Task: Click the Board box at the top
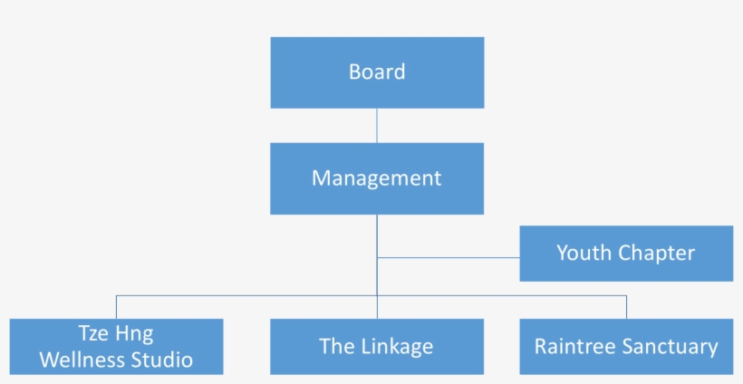(x=377, y=72)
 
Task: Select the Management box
(x=377, y=178)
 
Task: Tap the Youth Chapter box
(x=626, y=254)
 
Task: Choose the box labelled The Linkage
(x=377, y=346)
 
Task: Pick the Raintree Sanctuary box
(x=626, y=346)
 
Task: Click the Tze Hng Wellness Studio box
(x=116, y=346)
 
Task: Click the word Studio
(x=164, y=360)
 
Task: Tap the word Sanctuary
(x=670, y=346)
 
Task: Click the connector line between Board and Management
(x=377, y=125)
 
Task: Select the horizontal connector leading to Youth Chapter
(x=449, y=257)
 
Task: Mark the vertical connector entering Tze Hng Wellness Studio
(x=116, y=307)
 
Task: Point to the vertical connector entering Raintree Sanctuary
(x=626, y=307)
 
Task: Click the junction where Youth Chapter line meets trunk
(x=377, y=257)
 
